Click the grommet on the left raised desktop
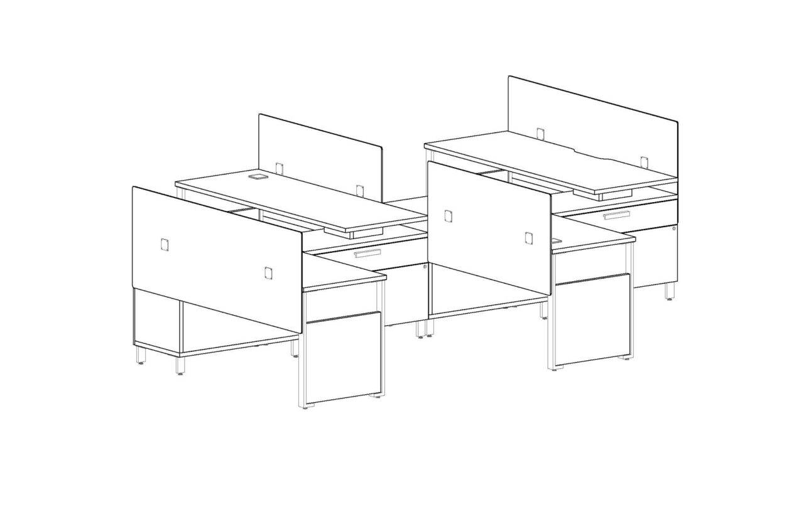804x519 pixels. click(256, 178)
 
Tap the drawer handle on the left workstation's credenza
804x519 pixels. click(367, 254)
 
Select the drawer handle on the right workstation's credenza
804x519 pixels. click(616, 216)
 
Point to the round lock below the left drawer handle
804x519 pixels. click(425, 267)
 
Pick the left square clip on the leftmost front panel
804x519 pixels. click(165, 244)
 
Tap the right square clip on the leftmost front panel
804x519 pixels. click(268, 272)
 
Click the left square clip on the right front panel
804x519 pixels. click(448, 216)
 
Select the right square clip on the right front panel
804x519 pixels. click(528, 237)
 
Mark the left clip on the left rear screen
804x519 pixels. click(280, 168)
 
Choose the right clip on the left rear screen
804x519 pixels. click(359, 189)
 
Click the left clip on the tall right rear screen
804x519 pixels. click(540, 133)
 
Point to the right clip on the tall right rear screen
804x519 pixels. click(644, 161)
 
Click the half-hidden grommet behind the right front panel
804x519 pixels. click(557, 240)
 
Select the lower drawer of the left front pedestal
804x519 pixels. click(344, 356)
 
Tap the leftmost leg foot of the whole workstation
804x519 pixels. click(141, 360)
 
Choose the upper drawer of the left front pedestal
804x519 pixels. click(342, 302)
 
